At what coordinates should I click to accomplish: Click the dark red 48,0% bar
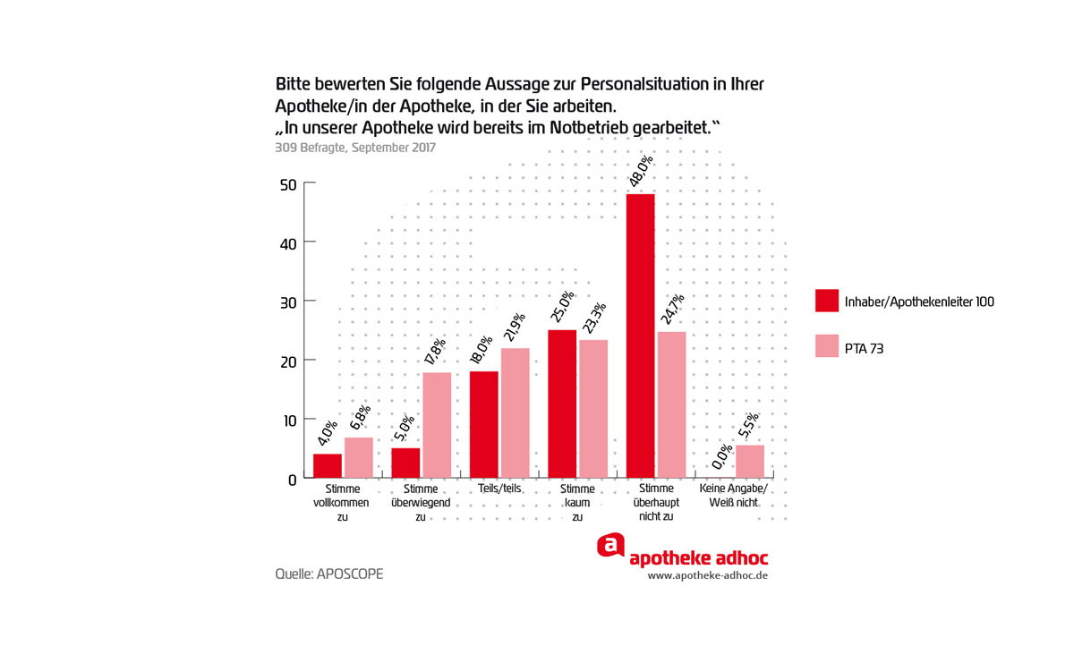pyautogui.click(x=640, y=336)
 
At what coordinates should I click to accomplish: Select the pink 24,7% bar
pyautogui.click(x=671, y=404)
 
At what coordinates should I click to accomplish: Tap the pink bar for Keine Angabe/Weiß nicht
pyautogui.click(x=750, y=462)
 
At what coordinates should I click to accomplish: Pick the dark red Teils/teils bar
pyautogui.click(x=483, y=424)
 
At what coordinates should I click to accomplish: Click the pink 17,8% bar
pyautogui.click(x=437, y=425)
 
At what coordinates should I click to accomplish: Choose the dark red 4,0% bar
pyautogui.click(x=328, y=466)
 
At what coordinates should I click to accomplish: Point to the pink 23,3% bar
pyautogui.click(x=593, y=409)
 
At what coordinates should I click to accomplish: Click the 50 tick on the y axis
pyautogui.click(x=287, y=184)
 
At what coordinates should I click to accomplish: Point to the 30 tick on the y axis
pyautogui.click(x=287, y=302)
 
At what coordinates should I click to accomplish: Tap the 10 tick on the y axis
pyautogui.click(x=287, y=420)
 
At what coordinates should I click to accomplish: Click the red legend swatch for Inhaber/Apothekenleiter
pyautogui.click(x=826, y=302)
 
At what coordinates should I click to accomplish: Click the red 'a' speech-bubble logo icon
pyautogui.click(x=610, y=545)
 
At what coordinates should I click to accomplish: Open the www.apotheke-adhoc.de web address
pyautogui.click(x=708, y=575)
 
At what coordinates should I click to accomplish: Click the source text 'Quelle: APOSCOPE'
pyautogui.click(x=328, y=574)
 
